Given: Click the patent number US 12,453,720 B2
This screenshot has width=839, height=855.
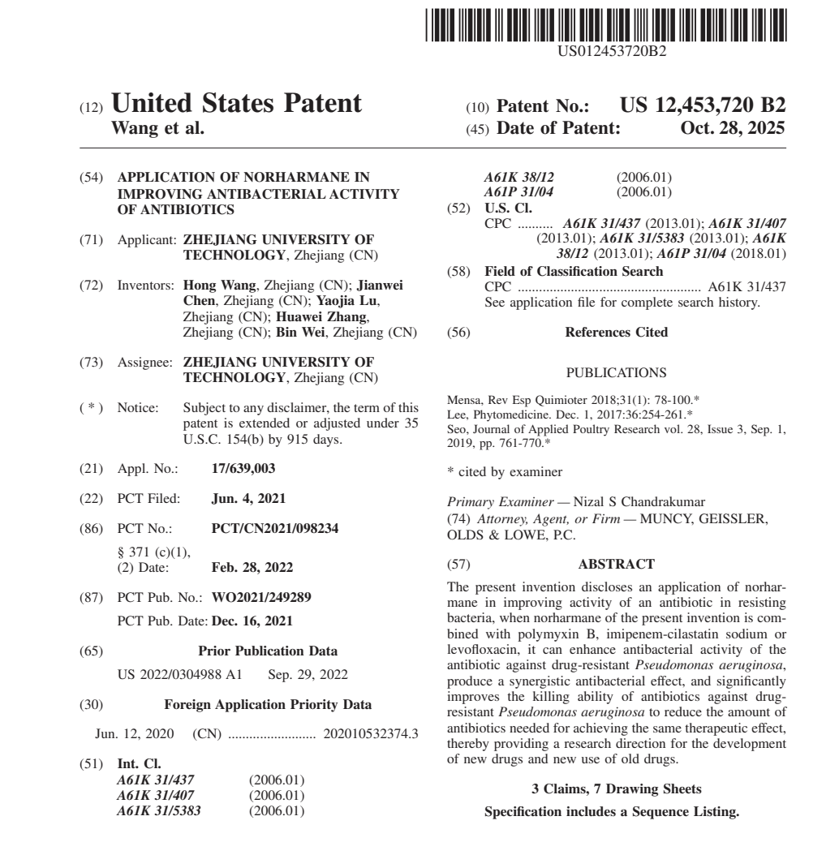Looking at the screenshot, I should [703, 105].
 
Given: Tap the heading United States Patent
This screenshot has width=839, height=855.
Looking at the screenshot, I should [236, 105].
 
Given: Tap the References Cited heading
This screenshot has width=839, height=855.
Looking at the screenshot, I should [617, 333].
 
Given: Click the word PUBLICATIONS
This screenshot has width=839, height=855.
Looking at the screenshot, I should [617, 375].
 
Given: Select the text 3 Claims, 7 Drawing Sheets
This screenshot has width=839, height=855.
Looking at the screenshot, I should [617, 813].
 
